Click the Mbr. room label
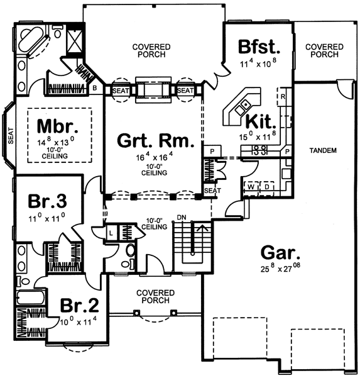(x=58, y=126)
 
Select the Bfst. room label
(x=259, y=47)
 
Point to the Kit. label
(x=261, y=122)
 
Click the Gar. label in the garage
(x=281, y=253)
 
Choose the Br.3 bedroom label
(x=48, y=201)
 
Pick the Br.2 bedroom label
(x=79, y=305)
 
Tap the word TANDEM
(x=323, y=151)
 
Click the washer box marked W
(x=251, y=187)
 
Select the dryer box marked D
(x=267, y=187)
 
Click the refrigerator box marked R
(x=283, y=97)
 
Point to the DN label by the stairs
(x=182, y=218)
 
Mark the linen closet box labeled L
(x=111, y=233)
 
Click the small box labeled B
(x=95, y=88)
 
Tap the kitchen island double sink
(x=243, y=108)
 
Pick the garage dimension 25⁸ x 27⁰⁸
(x=280, y=268)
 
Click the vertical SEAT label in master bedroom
(x=11, y=136)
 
